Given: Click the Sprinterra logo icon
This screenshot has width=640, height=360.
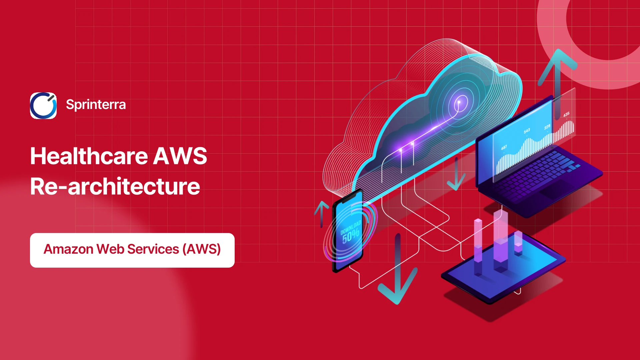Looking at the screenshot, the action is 43,105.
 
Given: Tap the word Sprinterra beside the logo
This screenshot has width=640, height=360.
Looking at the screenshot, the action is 96,105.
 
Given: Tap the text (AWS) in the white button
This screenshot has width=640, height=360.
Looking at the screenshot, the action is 202,249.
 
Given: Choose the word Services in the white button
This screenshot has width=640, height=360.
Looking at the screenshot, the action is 153,249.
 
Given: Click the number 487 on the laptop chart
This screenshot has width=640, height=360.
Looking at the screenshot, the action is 504,147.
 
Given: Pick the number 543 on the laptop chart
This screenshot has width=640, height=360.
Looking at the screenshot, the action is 527,131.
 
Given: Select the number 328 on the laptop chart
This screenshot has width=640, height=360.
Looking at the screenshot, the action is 547,127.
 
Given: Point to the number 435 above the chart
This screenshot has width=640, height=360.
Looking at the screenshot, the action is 566,114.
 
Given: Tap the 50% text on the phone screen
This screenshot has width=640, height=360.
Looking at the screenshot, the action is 351,236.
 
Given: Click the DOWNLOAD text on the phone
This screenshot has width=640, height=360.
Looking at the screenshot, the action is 351,227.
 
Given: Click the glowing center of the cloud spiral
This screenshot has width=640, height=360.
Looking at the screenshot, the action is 459,102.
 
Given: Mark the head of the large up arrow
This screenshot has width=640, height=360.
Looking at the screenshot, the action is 558,65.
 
